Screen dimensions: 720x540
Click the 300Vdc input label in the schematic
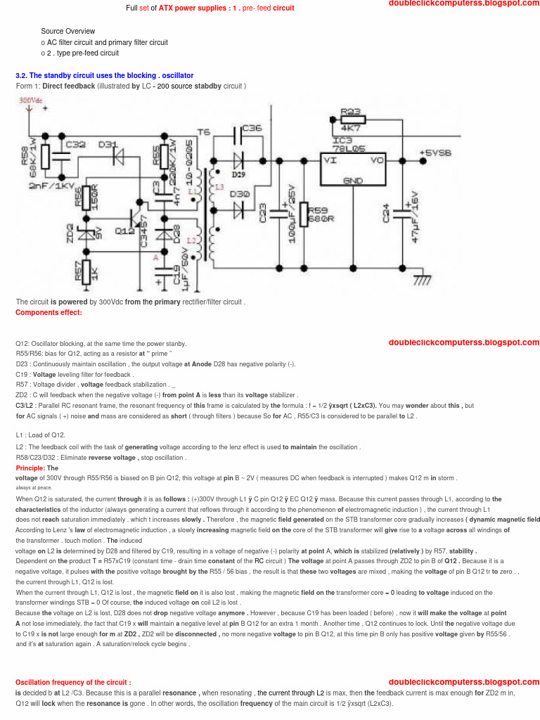30,101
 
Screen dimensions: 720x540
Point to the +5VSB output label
435,153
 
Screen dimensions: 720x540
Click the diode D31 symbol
117,154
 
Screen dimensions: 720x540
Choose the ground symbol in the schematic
422,281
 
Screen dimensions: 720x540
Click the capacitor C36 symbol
236,130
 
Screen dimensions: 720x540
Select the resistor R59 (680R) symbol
304,214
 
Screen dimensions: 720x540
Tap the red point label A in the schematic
155,258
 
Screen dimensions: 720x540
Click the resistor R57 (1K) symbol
86,270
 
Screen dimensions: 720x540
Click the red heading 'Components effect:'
49,313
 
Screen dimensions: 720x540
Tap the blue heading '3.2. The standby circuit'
104,75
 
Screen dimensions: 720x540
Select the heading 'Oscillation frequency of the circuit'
73,683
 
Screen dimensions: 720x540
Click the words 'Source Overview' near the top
67,31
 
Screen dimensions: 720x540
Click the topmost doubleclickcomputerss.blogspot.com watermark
463,4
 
